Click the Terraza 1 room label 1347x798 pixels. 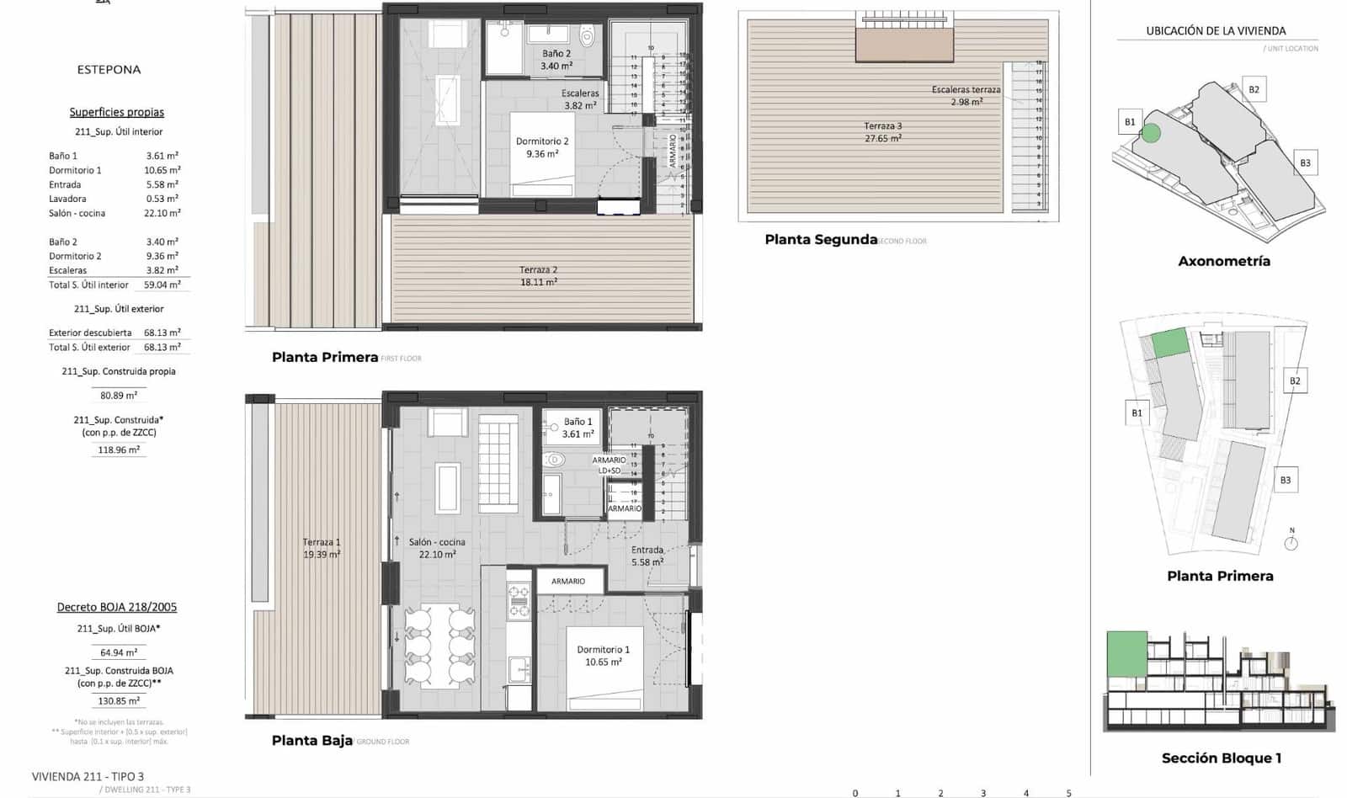(x=322, y=548)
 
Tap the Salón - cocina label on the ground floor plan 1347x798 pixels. (x=437, y=548)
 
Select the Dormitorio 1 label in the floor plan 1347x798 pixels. (x=603, y=656)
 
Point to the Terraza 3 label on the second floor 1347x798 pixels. (x=882, y=132)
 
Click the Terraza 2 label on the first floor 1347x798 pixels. (x=538, y=276)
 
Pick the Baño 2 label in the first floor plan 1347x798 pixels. (x=556, y=59)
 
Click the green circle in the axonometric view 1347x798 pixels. (x=1151, y=132)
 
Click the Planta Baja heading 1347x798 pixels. (x=311, y=741)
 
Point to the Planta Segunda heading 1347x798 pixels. (x=821, y=240)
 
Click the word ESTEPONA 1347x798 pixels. (x=109, y=70)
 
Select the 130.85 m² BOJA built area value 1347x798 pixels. (x=119, y=701)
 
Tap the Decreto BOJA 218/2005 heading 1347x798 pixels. (x=117, y=607)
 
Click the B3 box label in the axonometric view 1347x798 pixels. (x=1305, y=163)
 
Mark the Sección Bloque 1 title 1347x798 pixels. (x=1221, y=758)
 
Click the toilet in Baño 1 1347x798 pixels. (x=554, y=460)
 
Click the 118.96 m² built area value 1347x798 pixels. (x=119, y=450)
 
